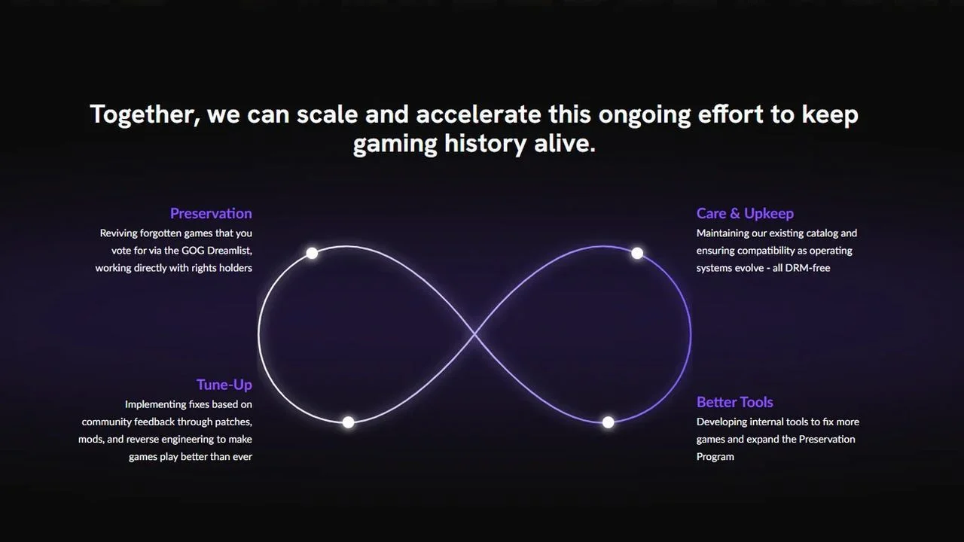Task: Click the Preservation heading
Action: coord(211,213)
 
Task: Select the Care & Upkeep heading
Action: coord(745,214)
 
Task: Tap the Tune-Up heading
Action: coord(224,385)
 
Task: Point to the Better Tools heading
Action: coord(734,402)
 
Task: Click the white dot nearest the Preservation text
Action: coord(312,253)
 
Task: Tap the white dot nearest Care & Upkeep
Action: coord(637,253)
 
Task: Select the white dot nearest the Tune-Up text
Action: coord(349,422)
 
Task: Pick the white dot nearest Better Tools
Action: coord(608,422)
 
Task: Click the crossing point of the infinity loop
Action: coord(474,334)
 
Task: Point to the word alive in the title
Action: coord(565,143)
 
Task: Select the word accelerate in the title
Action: coord(478,114)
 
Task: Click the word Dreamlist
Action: coord(230,251)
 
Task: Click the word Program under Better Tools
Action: coord(715,457)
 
